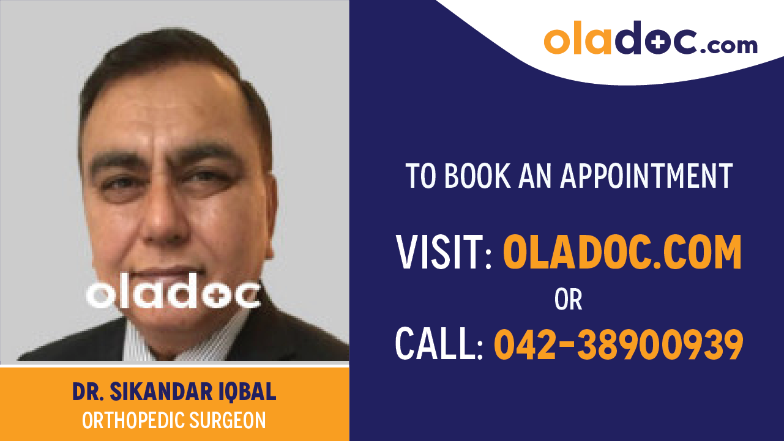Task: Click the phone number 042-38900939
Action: click(618, 344)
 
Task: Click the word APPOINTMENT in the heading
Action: click(647, 176)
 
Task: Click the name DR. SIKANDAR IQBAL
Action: click(174, 393)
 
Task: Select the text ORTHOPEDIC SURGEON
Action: click(174, 421)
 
